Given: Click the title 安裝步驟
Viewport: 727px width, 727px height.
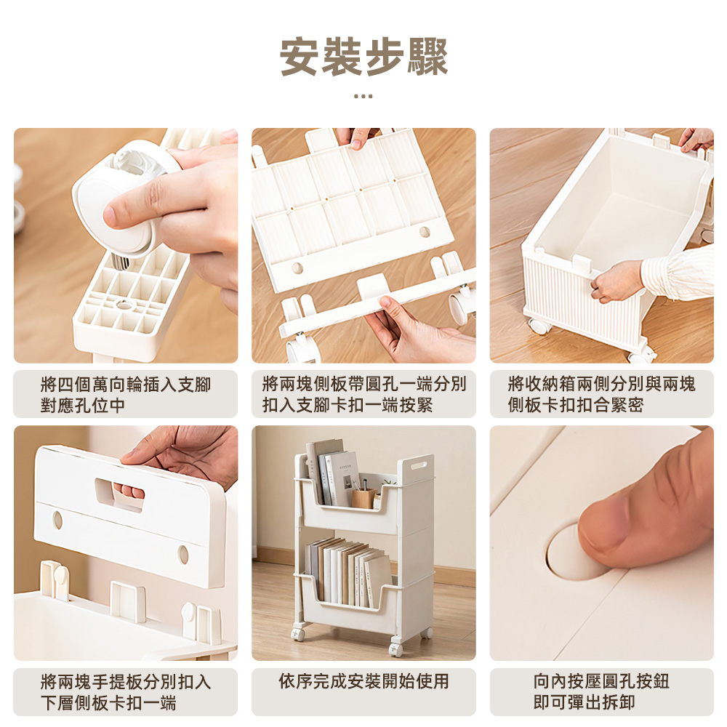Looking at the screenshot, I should pyautogui.click(x=363, y=57).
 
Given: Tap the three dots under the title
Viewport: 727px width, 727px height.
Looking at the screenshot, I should pyautogui.click(x=363, y=96).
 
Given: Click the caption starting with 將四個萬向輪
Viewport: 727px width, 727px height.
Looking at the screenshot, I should pyautogui.click(x=125, y=394).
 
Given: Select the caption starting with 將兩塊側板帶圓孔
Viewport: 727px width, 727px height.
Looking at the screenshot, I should pyautogui.click(x=363, y=394).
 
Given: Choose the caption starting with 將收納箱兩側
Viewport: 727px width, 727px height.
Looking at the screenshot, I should pyautogui.click(x=601, y=394).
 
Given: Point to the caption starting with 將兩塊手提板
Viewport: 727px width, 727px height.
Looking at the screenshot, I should pyautogui.click(x=125, y=692).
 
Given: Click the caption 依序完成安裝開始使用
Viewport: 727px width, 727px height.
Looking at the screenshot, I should pyautogui.click(x=363, y=682).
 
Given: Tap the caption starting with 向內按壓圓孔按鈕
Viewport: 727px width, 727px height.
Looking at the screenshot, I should pyautogui.click(x=601, y=692).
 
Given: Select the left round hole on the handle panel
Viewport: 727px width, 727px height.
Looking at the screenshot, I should pyautogui.click(x=57, y=521).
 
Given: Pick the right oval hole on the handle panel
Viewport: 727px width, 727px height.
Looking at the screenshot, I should pyautogui.click(x=183, y=555).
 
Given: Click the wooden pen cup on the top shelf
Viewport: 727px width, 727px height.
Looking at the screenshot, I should pyautogui.click(x=363, y=497).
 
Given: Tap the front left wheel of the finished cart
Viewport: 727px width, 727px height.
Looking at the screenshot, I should pyautogui.click(x=297, y=634).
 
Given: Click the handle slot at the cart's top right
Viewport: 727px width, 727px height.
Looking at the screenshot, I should pyautogui.click(x=418, y=463).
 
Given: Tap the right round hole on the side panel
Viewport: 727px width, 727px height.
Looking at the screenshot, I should pyautogui.click(x=425, y=232).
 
